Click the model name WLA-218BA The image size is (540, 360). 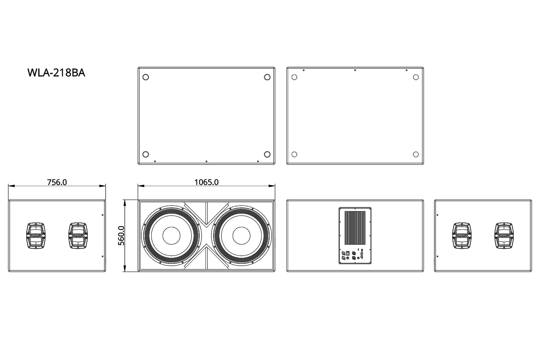tap(56, 73)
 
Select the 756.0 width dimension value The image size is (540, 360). tap(57, 182)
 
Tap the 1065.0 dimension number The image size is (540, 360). tap(206, 182)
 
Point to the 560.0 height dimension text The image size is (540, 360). tap(121, 236)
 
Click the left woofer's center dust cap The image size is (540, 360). tap(171, 236)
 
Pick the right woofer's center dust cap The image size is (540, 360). tap(241, 236)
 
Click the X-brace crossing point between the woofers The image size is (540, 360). tap(206, 236)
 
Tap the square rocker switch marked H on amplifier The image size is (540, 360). tap(348, 252)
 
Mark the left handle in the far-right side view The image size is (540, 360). tap(462, 236)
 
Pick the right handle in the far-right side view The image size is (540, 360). tap(504, 236)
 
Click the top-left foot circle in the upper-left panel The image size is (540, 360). tap(146, 77)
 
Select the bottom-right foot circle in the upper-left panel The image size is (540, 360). tap(267, 154)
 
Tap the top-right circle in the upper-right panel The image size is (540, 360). tap(416, 77)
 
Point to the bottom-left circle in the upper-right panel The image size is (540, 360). tap(294, 154)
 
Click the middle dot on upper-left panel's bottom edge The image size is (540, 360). tap(206, 161)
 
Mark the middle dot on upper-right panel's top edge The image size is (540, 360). tap(355, 70)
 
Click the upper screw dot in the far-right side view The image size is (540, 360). tap(437, 215)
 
